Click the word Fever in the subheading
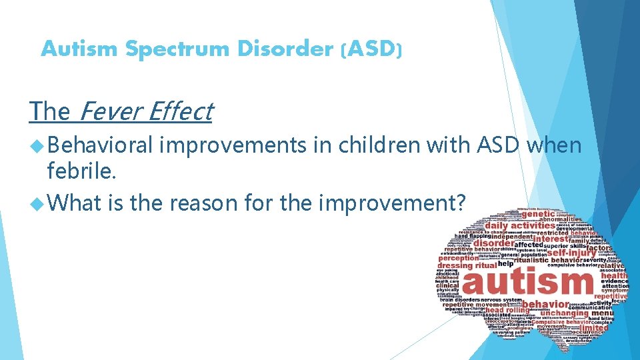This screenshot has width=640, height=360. click(x=109, y=111)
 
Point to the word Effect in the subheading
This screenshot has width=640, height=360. click(x=180, y=111)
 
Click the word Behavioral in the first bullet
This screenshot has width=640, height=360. click(x=100, y=146)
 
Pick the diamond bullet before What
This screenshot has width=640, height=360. click(x=36, y=201)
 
